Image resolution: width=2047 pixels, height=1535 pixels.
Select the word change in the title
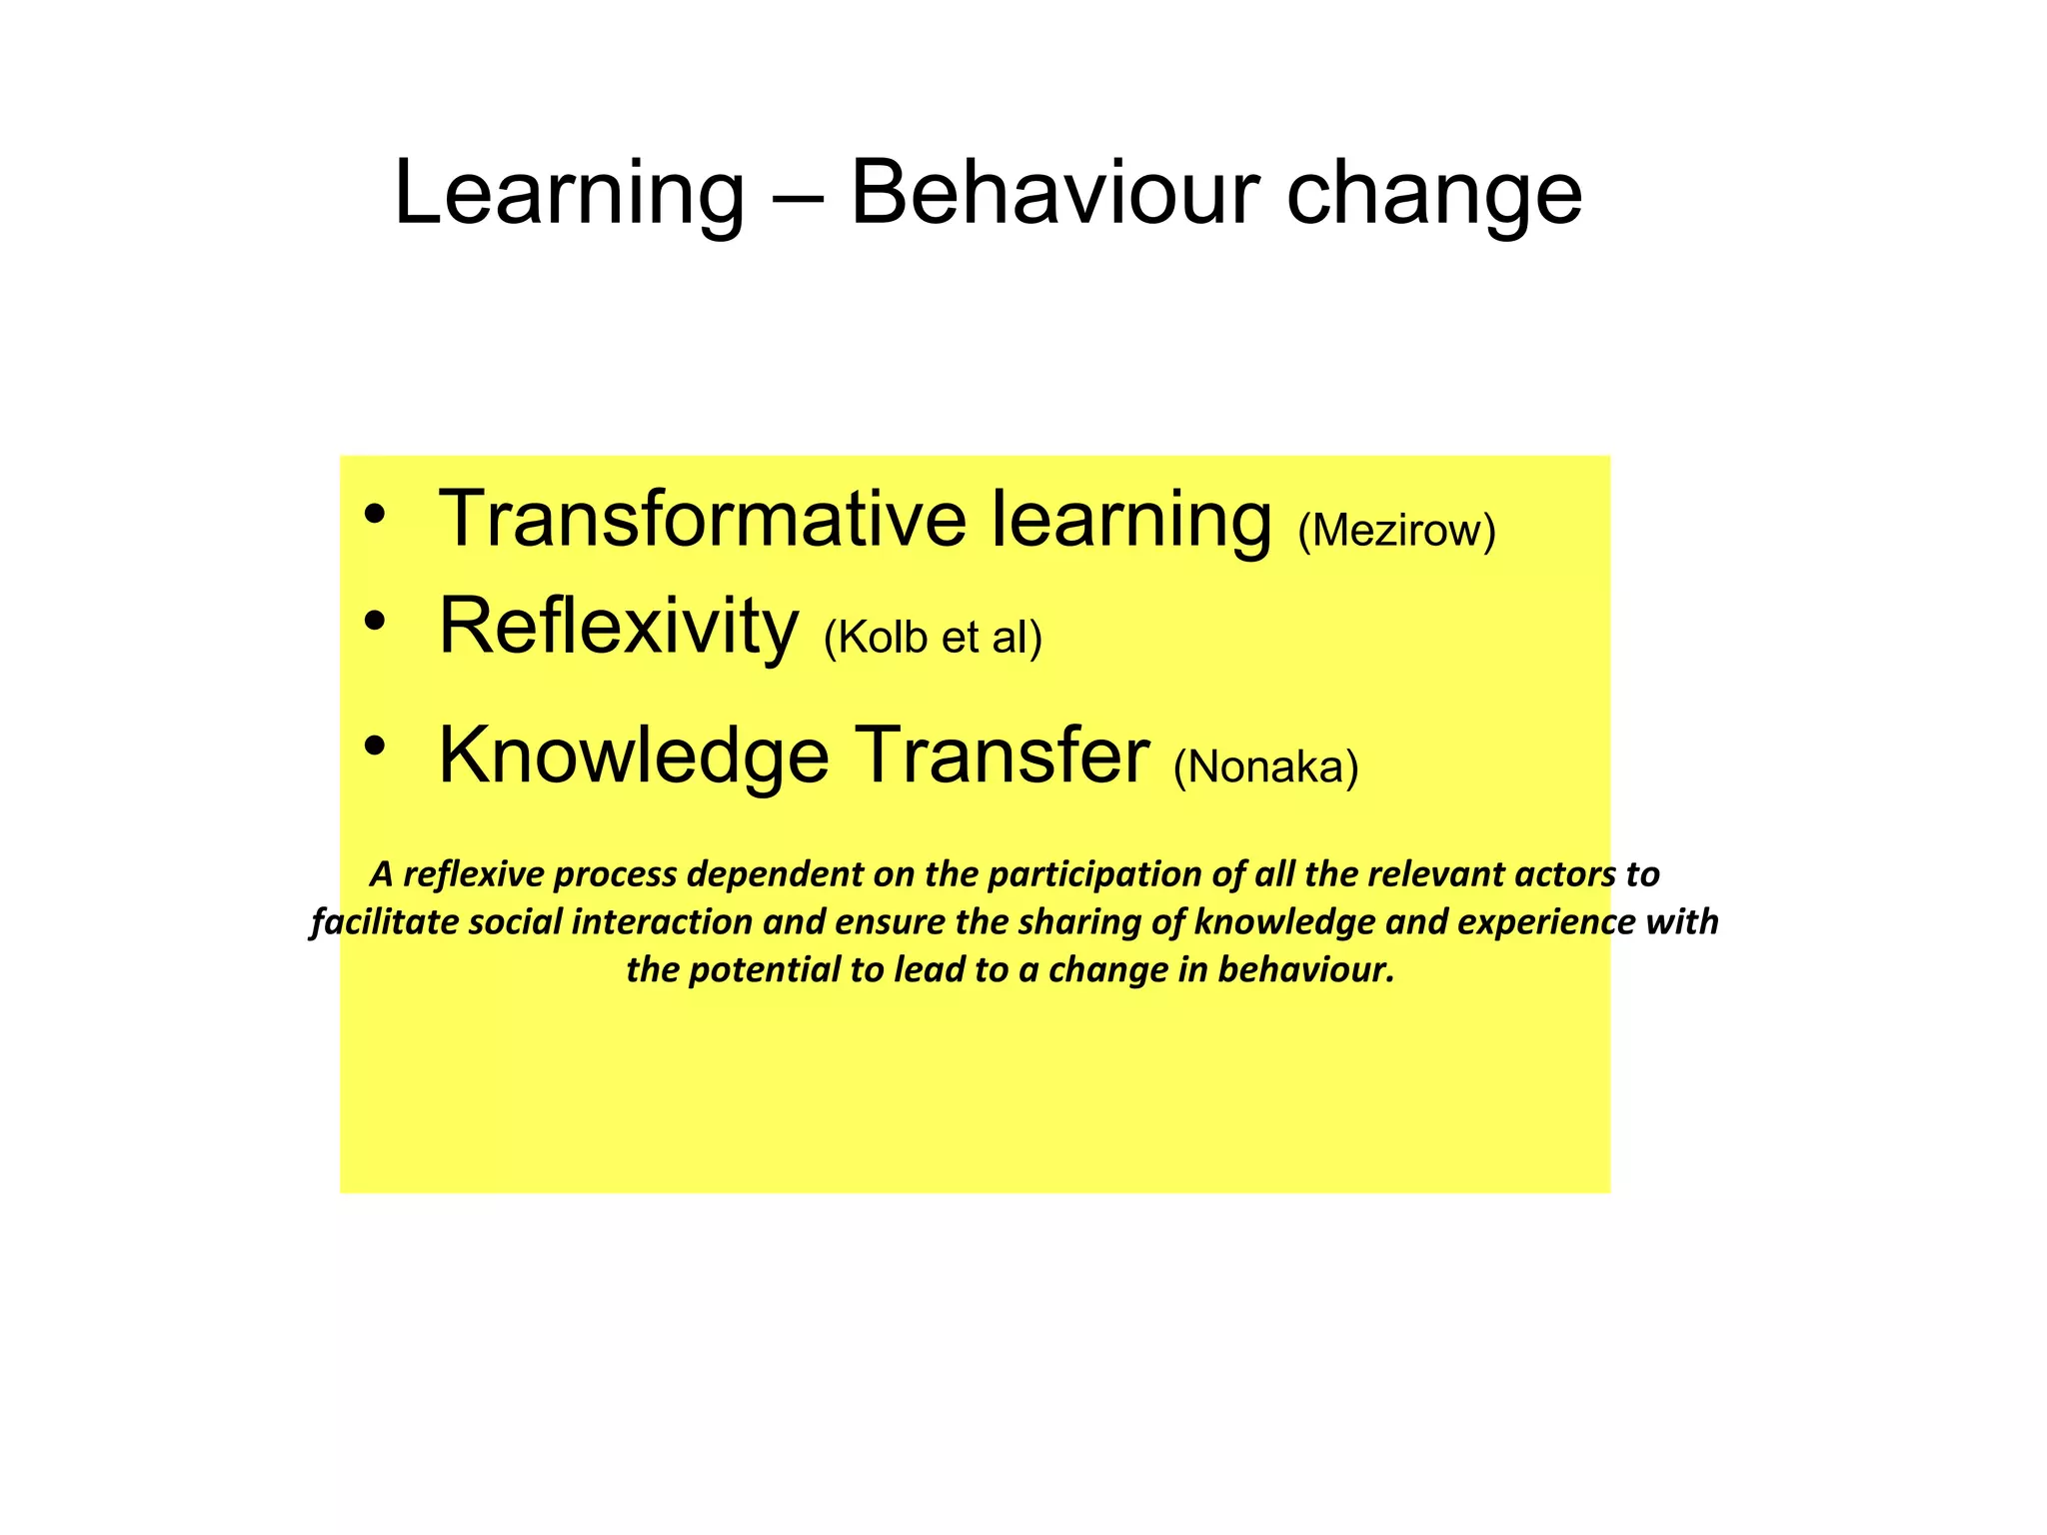(x=1434, y=195)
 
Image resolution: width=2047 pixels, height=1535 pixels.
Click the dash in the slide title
(x=798, y=195)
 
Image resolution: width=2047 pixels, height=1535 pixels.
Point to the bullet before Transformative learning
(x=375, y=516)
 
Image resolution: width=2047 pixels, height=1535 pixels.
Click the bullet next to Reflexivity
(x=375, y=623)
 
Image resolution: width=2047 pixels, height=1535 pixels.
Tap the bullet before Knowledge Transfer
(x=375, y=746)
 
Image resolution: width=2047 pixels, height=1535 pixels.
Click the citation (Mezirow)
(x=1396, y=531)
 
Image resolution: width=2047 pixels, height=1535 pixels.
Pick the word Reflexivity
(x=619, y=628)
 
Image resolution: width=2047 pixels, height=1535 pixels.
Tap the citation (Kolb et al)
(x=933, y=638)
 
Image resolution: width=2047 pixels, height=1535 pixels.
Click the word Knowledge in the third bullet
(x=634, y=757)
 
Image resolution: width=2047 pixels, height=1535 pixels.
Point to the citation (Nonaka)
(x=1265, y=767)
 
